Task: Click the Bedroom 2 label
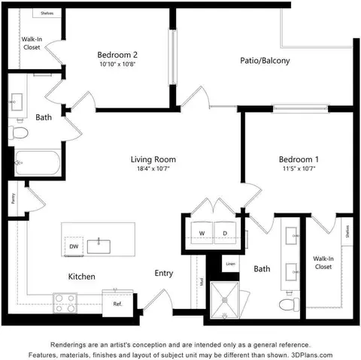click(x=116, y=54)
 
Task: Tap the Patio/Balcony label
click(x=265, y=61)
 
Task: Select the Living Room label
click(x=153, y=159)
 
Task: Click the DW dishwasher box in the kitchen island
click(x=74, y=246)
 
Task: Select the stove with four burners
click(x=65, y=302)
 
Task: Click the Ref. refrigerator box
click(x=118, y=304)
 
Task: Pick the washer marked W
click(x=202, y=233)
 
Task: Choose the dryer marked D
click(x=225, y=233)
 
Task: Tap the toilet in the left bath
click(x=20, y=133)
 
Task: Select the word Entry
click(x=165, y=274)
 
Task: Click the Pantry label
click(x=14, y=199)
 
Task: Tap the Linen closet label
click(x=230, y=265)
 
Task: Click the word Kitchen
click(x=82, y=277)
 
